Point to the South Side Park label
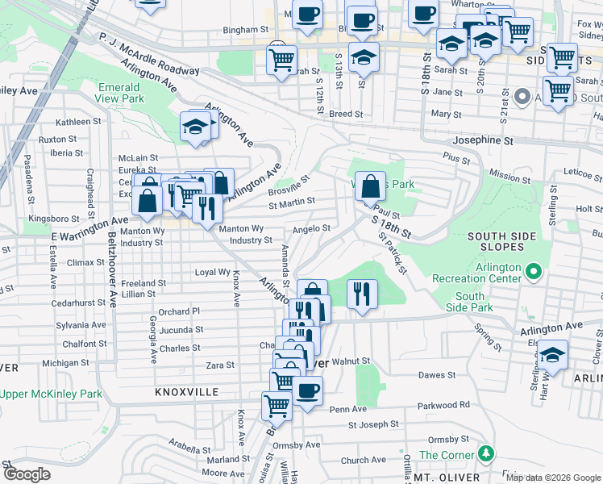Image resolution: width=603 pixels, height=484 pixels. pos(469,302)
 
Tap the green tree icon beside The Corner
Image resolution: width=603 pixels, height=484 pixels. pos(485,454)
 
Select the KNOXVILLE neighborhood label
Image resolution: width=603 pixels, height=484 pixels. pos(187,391)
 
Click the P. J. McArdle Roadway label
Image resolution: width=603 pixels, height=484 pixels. pos(148,54)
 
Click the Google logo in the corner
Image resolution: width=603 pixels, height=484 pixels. pos(27,474)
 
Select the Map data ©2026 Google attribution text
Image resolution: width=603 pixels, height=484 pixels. pos(553,478)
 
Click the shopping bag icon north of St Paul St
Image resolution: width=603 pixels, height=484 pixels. pos(370,187)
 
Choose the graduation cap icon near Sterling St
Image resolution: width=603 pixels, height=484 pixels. pos(552,355)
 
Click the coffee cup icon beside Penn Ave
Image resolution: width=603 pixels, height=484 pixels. pos(306,392)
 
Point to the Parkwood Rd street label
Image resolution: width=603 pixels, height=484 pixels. pos(443,405)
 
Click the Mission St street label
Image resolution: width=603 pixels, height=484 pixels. pos(505,175)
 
